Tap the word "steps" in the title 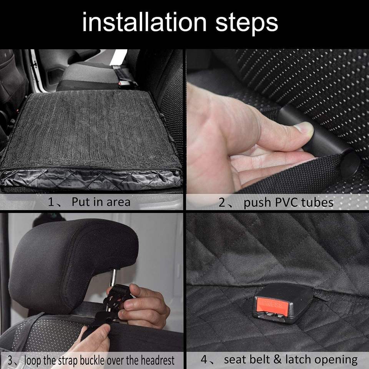[247, 23]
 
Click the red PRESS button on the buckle [272, 306]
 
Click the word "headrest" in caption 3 [158, 360]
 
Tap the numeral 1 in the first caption [51, 202]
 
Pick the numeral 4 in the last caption [204, 359]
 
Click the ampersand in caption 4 [278, 359]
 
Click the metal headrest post [113, 279]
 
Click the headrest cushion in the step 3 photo [71, 264]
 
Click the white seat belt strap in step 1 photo [119, 57]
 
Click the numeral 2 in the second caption [222, 203]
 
